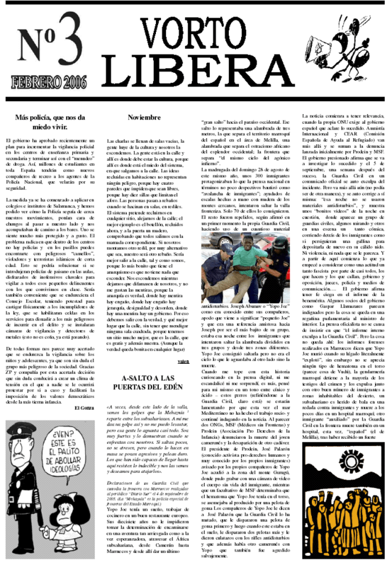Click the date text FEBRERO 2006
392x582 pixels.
[x=47, y=82]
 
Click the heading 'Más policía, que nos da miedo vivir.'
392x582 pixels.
[x=49, y=122]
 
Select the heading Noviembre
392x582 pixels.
[x=145, y=117]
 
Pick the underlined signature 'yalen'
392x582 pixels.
[x=183, y=361]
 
